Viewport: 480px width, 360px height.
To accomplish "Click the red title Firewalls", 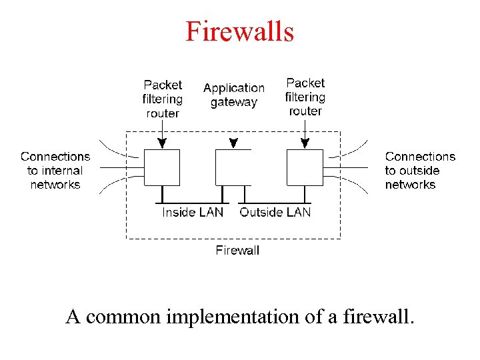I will [239, 31].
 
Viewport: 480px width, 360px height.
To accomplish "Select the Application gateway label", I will [233, 95].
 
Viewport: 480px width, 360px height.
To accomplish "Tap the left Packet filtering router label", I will [163, 99].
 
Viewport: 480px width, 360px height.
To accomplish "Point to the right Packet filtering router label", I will [305, 97].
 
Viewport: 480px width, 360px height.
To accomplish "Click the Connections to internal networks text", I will [55, 171].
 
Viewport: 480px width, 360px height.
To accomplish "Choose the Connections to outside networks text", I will [420, 171].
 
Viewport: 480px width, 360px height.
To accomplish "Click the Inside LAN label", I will [193, 213].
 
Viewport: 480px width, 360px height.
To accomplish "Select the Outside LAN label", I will [275, 213].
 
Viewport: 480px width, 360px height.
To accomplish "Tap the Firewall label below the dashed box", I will [237, 251].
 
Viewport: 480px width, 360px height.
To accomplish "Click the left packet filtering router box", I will [162, 167].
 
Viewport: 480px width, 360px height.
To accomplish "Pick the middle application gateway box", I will [233, 167].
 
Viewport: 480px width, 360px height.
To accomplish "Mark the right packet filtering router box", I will [305, 167].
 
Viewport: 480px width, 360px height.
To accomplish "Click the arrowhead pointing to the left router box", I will [162, 143].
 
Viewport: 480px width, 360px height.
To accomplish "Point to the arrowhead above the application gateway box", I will [233, 143].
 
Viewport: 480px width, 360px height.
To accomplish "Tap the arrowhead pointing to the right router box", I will [305, 143].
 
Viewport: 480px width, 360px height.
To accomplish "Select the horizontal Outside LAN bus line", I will [275, 203].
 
